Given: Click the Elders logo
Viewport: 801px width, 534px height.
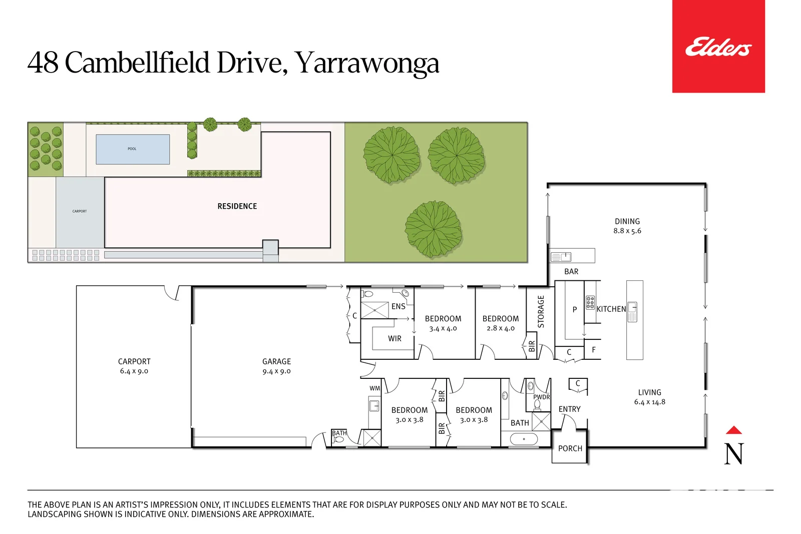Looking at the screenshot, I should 718,47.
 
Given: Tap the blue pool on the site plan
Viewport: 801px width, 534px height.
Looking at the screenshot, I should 133,149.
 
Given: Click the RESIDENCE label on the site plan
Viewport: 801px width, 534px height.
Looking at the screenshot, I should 237,206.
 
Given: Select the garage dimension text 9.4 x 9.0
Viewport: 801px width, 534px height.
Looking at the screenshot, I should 276,371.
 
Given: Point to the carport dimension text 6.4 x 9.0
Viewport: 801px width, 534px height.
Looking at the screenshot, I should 134,371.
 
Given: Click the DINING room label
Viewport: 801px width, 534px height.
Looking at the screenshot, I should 627,221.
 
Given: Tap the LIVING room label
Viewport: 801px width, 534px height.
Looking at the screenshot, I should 649,392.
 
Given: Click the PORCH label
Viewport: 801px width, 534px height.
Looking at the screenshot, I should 570,448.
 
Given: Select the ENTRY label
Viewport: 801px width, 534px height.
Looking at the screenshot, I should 569,409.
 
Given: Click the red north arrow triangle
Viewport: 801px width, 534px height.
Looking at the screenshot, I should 733,430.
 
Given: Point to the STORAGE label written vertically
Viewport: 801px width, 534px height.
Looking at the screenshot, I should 541,311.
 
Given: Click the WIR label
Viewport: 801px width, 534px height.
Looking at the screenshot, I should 394,339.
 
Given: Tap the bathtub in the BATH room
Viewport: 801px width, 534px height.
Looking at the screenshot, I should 524,439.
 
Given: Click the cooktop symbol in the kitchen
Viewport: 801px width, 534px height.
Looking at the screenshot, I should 590,302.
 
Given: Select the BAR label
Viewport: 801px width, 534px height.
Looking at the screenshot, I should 571,272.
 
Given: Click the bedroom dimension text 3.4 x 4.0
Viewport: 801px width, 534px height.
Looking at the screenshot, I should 443,329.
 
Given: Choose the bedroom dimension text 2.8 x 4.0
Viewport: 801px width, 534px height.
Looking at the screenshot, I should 500,329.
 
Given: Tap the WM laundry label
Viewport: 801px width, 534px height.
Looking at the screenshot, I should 374,388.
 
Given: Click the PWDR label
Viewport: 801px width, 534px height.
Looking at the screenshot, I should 541,397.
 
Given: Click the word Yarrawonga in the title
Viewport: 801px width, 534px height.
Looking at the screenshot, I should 366,64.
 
